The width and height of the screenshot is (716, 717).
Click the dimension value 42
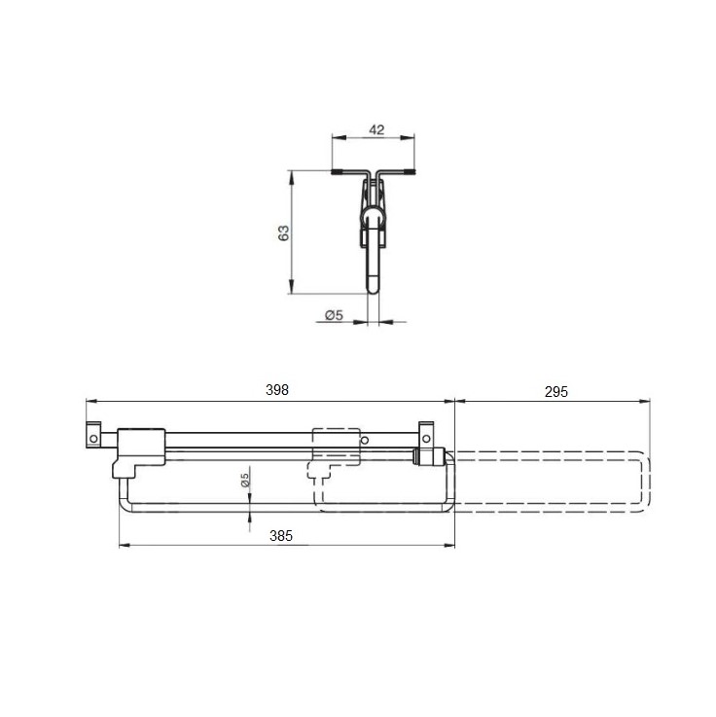click(376, 129)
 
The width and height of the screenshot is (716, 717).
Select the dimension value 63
click(284, 233)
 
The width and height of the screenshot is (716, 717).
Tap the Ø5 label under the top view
click(334, 315)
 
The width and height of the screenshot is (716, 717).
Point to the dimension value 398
click(277, 389)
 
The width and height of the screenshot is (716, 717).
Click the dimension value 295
click(556, 392)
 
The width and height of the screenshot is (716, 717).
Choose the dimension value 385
click(281, 536)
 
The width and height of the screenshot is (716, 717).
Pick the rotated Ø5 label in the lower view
click(245, 480)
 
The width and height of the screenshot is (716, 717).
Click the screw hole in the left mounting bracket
click(93, 439)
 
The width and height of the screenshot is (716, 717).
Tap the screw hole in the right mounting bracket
click(426, 439)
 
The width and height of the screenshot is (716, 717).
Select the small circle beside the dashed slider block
click(365, 441)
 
